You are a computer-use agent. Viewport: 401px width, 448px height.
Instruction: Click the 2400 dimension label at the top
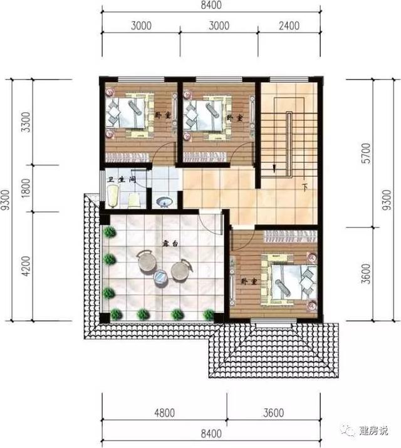(289, 26)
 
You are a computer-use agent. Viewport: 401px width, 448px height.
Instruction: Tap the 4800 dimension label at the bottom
(165, 413)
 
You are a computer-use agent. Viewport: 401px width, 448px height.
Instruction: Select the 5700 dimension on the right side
(367, 153)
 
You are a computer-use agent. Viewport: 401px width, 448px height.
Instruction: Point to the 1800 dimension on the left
(26, 189)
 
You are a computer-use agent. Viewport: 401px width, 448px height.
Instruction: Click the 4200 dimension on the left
(26, 266)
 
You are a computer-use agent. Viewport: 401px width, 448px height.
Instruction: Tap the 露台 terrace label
(170, 244)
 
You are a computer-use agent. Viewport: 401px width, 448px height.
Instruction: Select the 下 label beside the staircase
(305, 188)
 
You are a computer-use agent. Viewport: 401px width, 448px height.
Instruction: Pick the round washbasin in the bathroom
(165, 202)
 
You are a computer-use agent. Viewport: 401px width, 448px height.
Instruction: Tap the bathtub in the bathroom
(113, 196)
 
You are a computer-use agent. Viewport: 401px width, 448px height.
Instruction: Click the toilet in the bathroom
(133, 201)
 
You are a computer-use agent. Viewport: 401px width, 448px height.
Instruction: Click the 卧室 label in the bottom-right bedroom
(249, 282)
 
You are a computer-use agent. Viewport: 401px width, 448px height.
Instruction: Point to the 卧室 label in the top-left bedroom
(163, 116)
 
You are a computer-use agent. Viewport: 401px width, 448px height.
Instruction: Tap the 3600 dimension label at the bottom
(274, 413)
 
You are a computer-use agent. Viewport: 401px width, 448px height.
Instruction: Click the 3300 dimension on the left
(26, 122)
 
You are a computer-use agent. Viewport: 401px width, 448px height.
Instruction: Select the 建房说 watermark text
(374, 430)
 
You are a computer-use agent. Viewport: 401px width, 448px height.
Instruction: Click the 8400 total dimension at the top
(211, 5)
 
